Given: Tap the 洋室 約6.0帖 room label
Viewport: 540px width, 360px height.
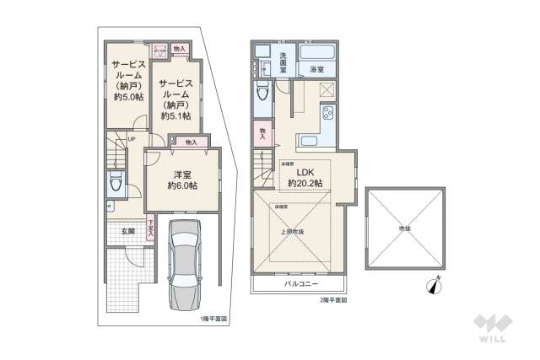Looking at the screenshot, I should pos(181,180).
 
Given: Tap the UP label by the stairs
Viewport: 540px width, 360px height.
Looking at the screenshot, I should pos(132,140).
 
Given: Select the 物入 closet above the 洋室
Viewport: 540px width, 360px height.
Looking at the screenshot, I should pos(190,142).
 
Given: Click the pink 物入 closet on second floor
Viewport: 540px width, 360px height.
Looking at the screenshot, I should pos(262,133).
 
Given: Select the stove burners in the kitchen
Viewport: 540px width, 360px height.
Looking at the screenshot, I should pos(327,114).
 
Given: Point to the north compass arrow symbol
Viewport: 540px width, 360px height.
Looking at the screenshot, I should pos(435,287).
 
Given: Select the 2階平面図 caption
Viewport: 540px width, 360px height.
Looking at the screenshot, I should pos(333,300).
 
